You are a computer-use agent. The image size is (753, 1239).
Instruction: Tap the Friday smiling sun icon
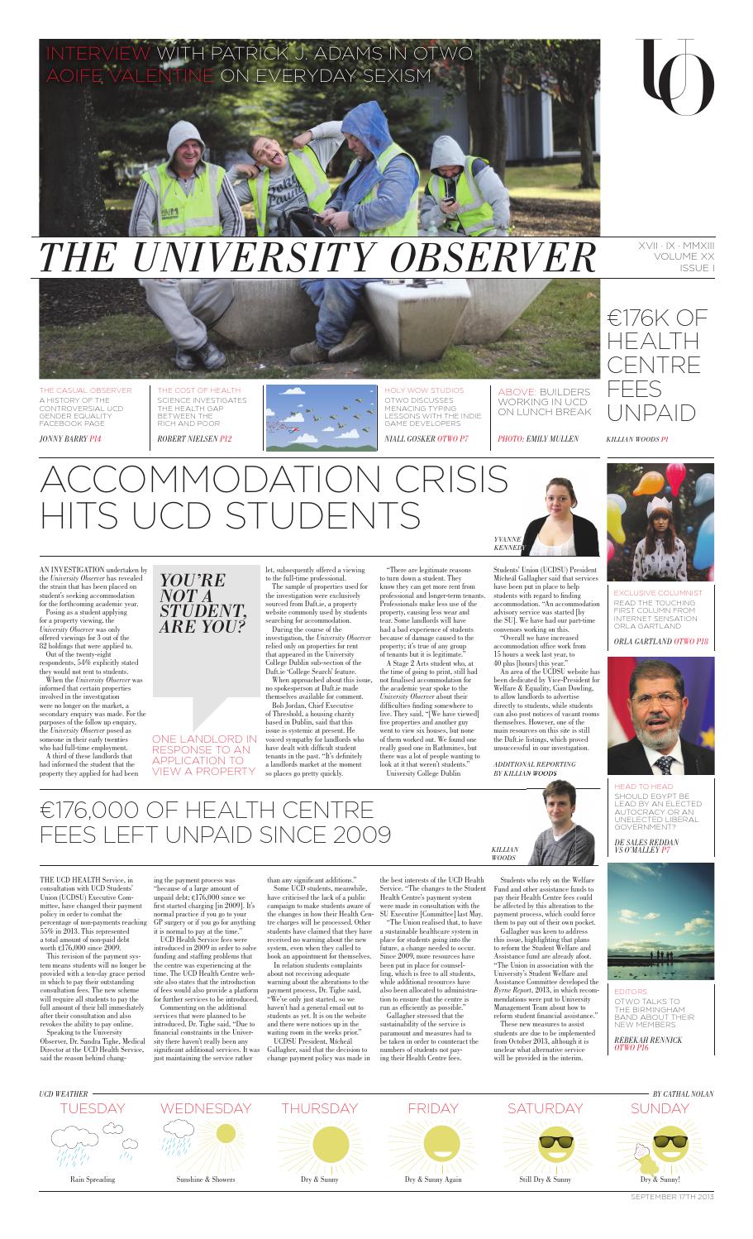click(432, 1146)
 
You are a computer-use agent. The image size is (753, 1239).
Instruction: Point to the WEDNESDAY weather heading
click(204, 1107)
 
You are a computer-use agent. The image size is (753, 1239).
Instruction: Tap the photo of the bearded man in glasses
click(660, 715)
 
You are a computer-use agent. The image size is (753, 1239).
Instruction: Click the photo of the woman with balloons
click(660, 521)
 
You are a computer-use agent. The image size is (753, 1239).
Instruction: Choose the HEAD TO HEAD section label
click(644, 786)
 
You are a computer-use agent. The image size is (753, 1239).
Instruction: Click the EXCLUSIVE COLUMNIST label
click(658, 592)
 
